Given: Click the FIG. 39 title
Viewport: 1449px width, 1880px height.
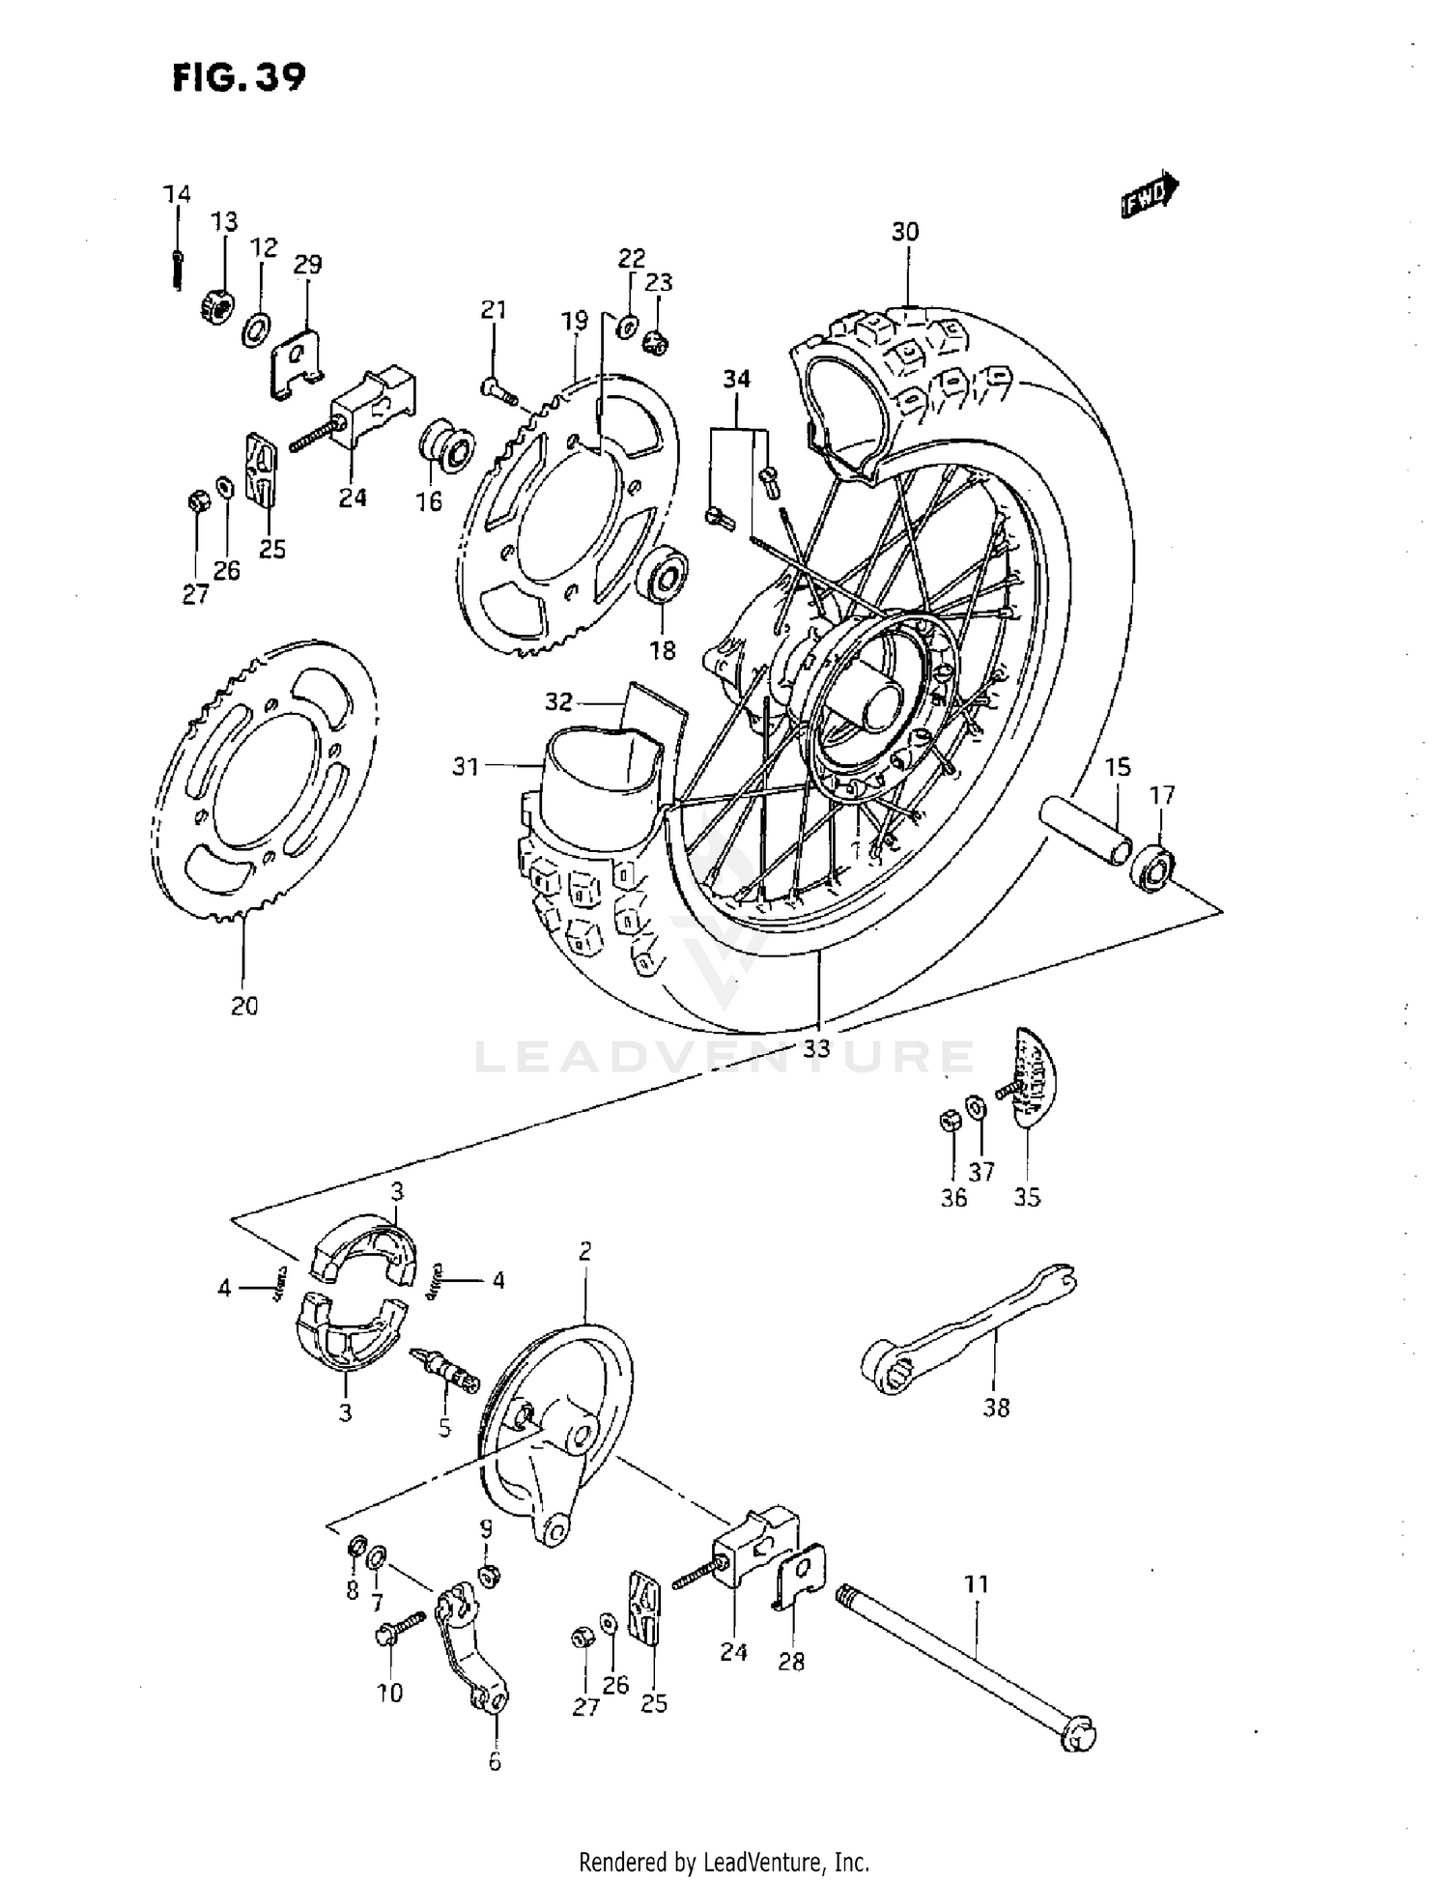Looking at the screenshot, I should (x=239, y=76).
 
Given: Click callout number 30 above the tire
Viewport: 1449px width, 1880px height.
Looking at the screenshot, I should (x=905, y=232).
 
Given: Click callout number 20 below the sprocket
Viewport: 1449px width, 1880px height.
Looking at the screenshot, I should (x=244, y=1006).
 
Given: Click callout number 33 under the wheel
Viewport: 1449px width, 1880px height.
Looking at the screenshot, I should (x=817, y=1047).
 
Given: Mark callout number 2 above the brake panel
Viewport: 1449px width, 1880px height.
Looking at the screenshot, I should (x=584, y=1252).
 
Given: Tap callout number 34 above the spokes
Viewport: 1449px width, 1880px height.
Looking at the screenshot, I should (x=736, y=380).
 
